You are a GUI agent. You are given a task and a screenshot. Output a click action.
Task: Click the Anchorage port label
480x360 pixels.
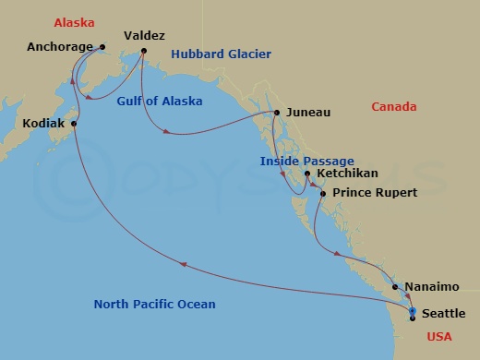point(60,46)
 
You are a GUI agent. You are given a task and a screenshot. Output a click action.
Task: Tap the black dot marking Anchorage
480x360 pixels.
point(102,46)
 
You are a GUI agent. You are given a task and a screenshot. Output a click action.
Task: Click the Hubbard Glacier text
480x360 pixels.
point(221,54)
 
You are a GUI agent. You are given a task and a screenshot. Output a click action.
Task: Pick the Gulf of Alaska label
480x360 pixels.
point(160,102)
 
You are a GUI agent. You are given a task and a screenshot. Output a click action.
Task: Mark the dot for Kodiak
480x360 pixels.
point(74,123)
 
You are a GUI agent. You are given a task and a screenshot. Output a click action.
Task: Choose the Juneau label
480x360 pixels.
point(308,114)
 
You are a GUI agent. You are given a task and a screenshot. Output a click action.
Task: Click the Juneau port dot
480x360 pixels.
point(276,114)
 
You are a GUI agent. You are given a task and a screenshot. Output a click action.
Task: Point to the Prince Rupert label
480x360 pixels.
point(375,193)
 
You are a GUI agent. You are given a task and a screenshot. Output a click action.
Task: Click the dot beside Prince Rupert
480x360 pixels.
point(322,193)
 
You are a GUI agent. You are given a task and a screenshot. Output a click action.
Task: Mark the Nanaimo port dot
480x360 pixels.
point(395,287)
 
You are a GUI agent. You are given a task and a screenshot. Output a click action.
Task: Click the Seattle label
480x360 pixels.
point(443,315)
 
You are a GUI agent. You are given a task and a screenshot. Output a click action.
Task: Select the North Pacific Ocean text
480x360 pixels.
point(155,305)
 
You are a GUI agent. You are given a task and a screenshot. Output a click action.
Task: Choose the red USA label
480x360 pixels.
point(440,337)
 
